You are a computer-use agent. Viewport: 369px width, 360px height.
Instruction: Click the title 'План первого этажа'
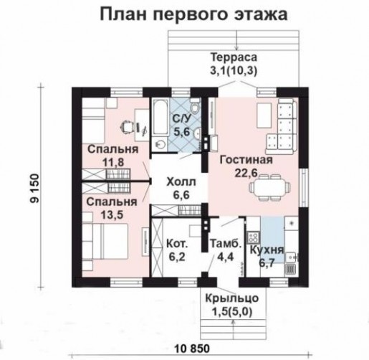pyautogui.click(x=193, y=14)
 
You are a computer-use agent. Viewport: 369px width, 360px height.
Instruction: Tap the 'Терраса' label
pyautogui.click(x=234, y=57)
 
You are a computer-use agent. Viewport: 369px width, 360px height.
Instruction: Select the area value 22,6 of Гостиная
pyautogui.click(x=246, y=173)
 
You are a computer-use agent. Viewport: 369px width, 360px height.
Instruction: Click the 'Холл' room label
pyautogui.click(x=181, y=182)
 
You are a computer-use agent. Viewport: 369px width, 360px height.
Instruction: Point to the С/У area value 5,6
pyautogui.click(x=181, y=132)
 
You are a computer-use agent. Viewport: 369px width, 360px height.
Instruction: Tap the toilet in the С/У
pyautogui.click(x=196, y=105)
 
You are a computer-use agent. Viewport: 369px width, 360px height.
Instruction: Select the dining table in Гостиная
pyautogui.click(x=269, y=187)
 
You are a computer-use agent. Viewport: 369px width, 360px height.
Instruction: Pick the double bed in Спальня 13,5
pyautogui.click(x=105, y=241)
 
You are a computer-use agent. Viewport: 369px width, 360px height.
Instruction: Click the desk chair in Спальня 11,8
pyautogui.click(x=127, y=126)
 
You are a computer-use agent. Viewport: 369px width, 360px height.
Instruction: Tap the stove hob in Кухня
pyautogui.click(x=253, y=237)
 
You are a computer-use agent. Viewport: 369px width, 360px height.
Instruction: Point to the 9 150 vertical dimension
pyautogui.click(x=34, y=188)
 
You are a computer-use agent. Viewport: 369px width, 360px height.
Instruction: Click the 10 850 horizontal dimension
pyautogui.click(x=192, y=349)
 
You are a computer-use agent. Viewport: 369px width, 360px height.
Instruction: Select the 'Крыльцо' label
pyautogui.click(x=232, y=298)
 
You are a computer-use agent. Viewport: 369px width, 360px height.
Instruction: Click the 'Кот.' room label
pyautogui.click(x=177, y=244)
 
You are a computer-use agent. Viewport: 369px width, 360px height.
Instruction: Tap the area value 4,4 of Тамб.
pyautogui.click(x=225, y=257)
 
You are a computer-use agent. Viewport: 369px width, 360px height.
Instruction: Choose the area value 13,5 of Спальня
pyautogui.click(x=112, y=214)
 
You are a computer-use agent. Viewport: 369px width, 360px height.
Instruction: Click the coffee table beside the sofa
pyautogui.click(x=264, y=115)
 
